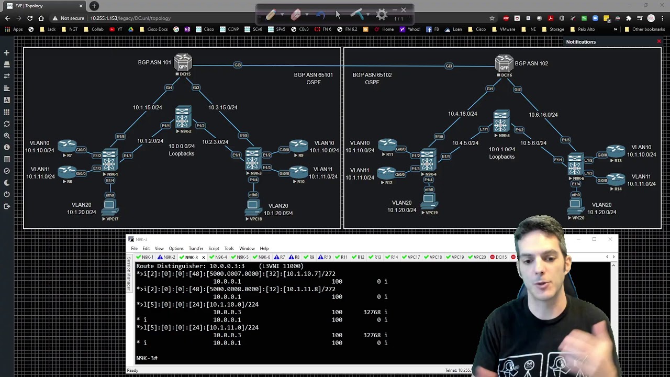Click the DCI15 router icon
coord(183,62)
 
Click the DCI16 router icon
coord(504,63)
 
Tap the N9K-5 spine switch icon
coord(501,121)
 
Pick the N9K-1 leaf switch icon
coord(110,160)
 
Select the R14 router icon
coord(616,180)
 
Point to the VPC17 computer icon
coord(109,206)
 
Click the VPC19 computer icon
coord(429,199)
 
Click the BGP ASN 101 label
coord(154,62)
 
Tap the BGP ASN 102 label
coord(531,63)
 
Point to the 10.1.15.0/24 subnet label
coord(148,107)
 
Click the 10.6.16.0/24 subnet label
coord(543,115)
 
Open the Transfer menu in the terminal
coord(196,248)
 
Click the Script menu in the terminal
coord(214,248)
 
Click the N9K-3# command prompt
coord(147,358)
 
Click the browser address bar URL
coord(130,18)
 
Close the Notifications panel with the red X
coord(659,41)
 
